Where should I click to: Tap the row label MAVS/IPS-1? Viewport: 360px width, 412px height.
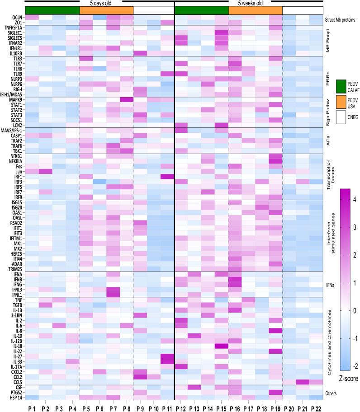tap(13, 131)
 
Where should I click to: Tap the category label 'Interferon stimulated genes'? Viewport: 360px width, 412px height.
tap(332, 235)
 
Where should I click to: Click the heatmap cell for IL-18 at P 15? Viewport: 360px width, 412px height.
tap(221, 346)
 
